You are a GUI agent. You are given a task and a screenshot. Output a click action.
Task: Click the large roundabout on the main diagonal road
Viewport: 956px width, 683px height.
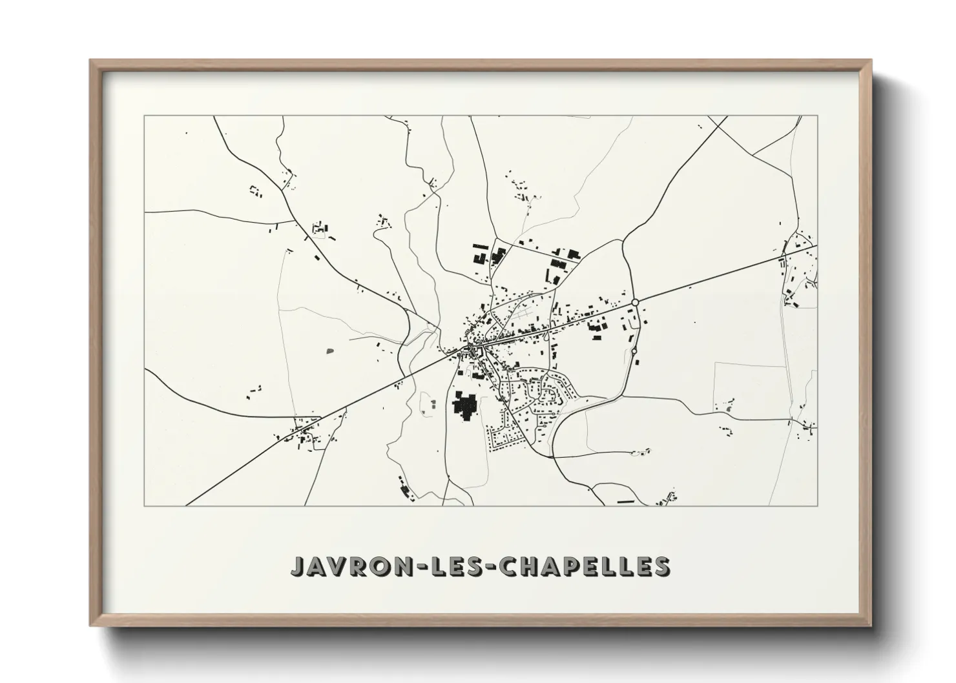[635, 301]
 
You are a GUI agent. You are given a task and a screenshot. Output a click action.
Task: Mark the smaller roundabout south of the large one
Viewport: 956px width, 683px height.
[634, 351]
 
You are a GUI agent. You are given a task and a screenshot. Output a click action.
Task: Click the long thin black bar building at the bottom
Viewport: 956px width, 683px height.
[626, 501]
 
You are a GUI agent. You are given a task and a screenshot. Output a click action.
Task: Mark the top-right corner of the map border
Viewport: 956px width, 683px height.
[818, 116]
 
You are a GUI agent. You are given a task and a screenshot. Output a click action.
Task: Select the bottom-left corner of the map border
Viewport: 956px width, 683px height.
[145, 505]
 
